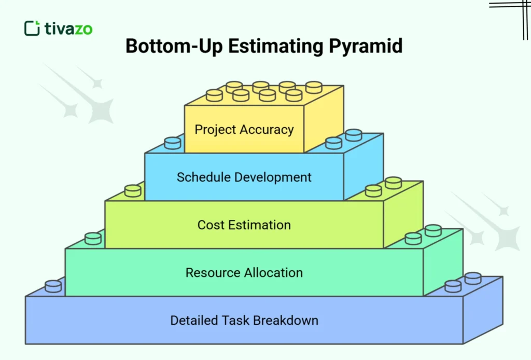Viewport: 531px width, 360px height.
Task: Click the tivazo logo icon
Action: [32, 28]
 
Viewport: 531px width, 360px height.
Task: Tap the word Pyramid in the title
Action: [366, 46]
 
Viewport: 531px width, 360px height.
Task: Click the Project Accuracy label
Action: [244, 129]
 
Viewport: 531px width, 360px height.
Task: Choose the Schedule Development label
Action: [244, 177]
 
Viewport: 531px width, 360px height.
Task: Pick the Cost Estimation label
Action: [244, 225]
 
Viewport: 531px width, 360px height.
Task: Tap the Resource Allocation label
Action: [244, 272]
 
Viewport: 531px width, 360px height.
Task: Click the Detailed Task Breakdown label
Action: [244, 320]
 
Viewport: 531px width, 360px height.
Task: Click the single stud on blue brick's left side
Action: [172, 143]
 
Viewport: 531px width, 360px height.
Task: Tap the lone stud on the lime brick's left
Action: [133, 191]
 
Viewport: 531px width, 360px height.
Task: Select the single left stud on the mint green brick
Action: [93, 239]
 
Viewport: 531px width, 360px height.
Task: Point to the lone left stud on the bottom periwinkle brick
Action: [53, 286]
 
